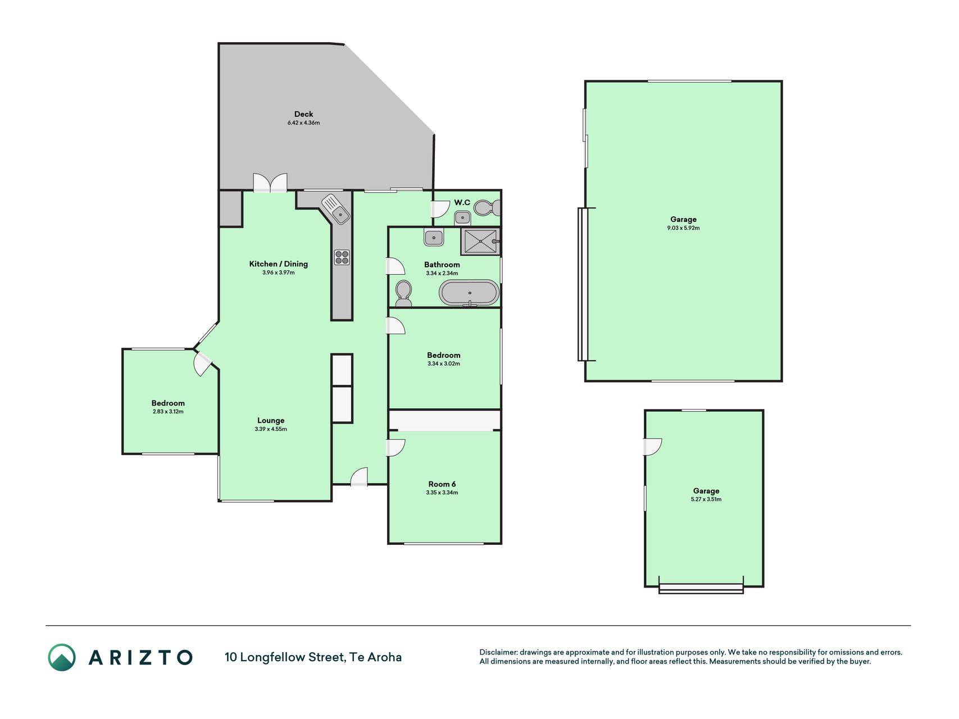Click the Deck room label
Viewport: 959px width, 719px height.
(x=303, y=114)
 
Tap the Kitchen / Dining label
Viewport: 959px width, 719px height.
(x=279, y=264)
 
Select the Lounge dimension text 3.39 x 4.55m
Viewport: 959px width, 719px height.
(x=271, y=429)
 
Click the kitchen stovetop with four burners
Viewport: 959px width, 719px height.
(x=342, y=257)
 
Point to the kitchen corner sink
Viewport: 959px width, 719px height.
(x=336, y=208)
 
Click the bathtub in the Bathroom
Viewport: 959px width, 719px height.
(x=469, y=293)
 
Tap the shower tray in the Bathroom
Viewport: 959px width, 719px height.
(x=480, y=241)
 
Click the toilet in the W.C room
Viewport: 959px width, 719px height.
(x=487, y=208)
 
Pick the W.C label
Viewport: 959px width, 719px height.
(x=462, y=202)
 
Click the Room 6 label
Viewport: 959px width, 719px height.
(x=442, y=484)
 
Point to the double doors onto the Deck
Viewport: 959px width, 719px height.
(x=270, y=183)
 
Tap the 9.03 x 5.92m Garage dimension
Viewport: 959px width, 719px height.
(x=683, y=228)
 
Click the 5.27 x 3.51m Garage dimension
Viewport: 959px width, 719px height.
(x=706, y=499)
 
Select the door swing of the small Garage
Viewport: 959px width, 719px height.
(x=653, y=447)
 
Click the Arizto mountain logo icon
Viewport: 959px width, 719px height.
(x=62, y=657)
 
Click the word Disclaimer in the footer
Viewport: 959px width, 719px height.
(x=498, y=652)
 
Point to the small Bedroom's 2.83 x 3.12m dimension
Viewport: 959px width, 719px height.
(x=168, y=412)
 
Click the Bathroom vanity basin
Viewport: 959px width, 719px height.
(x=433, y=238)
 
